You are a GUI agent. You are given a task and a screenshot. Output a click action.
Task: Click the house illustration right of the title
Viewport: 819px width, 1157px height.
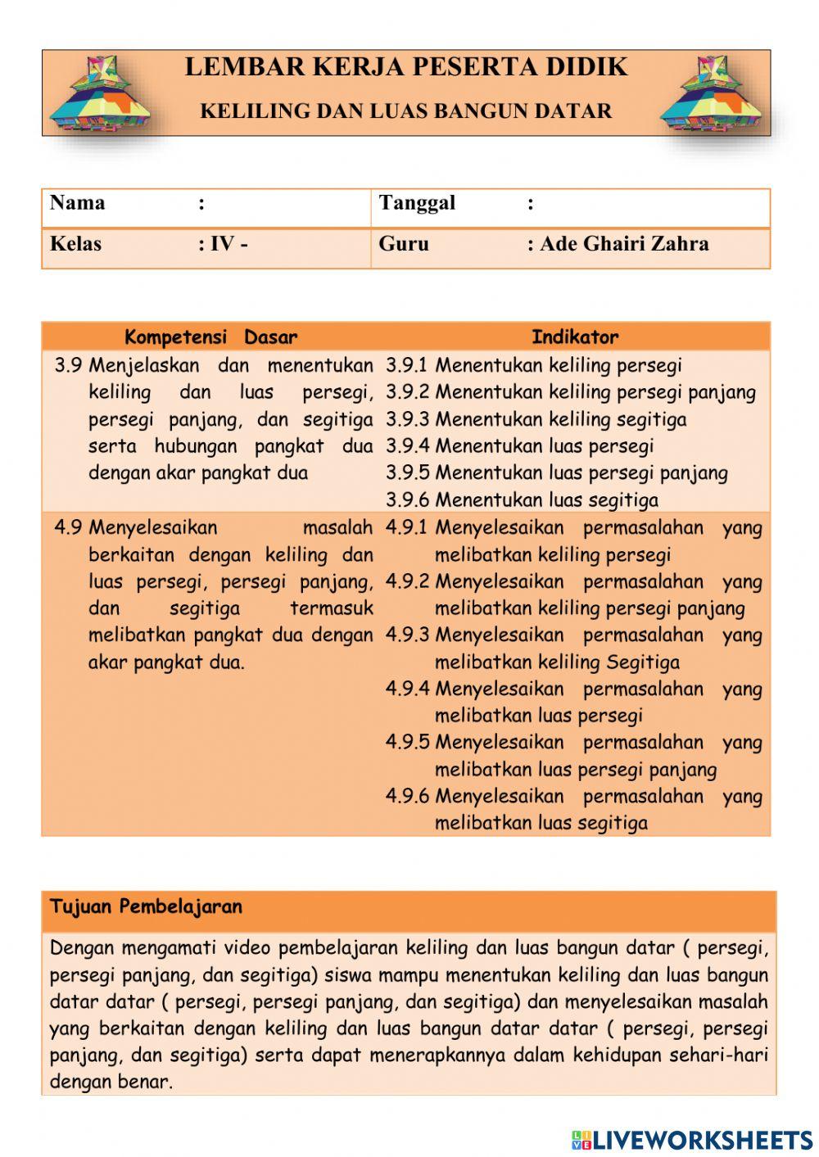(x=711, y=93)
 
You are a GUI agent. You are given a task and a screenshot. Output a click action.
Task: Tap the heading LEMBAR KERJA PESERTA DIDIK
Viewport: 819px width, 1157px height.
(x=406, y=67)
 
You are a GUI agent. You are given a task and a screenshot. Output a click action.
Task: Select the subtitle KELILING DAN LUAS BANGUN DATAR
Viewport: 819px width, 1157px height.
(x=406, y=111)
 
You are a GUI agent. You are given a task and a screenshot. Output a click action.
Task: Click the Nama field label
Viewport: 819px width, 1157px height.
(x=78, y=203)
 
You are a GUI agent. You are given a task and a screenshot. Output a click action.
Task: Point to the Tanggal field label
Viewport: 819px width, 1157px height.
(x=417, y=203)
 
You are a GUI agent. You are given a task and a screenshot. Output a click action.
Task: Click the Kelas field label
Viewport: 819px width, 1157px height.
(x=76, y=244)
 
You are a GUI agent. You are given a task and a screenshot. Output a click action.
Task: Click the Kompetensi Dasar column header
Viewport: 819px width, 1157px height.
(x=210, y=337)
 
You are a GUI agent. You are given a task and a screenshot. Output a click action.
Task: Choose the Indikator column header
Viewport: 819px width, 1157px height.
(x=575, y=337)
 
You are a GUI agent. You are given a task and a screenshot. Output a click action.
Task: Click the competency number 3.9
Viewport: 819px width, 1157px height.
(x=68, y=365)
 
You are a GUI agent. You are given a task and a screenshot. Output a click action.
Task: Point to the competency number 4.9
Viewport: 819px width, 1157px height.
(x=68, y=527)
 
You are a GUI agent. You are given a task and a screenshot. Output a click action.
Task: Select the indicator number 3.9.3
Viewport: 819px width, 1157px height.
(x=407, y=419)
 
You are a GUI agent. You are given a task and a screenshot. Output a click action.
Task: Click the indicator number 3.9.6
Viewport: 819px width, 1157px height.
(x=407, y=499)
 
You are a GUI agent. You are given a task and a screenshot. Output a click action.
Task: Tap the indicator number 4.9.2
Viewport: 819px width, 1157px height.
(x=407, y=581)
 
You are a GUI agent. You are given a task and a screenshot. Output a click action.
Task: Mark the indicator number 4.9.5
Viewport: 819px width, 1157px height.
(x=407, y=742)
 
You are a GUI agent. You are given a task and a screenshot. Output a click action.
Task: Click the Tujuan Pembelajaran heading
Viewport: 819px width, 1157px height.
(x=146, y=907)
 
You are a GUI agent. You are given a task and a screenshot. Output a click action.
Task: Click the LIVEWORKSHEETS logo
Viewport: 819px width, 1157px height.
(x=691, y=1139)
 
